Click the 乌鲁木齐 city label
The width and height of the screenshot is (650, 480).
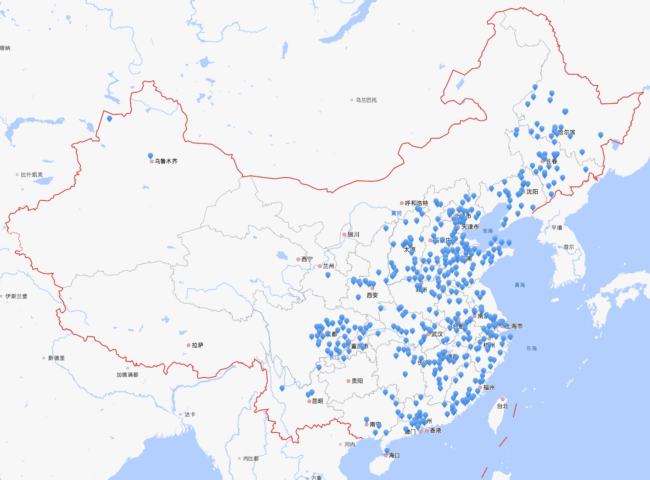point(166,161)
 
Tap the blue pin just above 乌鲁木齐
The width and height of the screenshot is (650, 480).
point(150,156)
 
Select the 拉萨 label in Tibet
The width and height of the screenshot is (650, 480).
point(197,345)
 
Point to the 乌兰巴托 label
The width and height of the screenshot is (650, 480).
point(366,100)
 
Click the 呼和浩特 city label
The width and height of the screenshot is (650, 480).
point(416,203)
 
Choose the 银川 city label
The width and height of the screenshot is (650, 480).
point(353,235)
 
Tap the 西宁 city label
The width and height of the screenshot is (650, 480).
point(307,259)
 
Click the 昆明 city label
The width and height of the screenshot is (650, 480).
point(317,401)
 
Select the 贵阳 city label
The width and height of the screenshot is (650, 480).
point(357,381)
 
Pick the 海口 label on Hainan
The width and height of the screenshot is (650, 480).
point(394,455)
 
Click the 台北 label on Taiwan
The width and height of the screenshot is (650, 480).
point(502,406)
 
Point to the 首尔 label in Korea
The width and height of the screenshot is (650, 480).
point(568,247)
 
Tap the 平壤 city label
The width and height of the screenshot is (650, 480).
point(556,228)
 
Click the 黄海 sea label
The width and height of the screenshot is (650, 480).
point(520,285)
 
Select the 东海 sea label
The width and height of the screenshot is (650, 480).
point(531,348)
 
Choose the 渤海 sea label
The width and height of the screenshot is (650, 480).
point(487,231)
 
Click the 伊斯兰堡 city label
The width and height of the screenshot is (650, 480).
point(16,296)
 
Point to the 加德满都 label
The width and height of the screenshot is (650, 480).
point(127,375)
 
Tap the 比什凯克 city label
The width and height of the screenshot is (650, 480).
point(32,175)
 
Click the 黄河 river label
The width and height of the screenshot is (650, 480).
point(396,213)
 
